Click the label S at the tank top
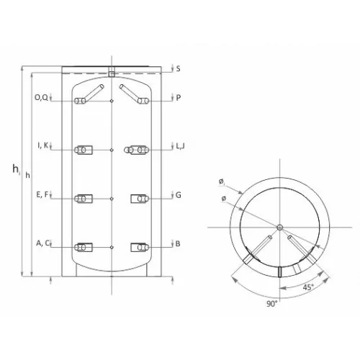click(x=178, y=69)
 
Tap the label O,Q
click(x=41, y=97)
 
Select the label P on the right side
click(x=178, y=98)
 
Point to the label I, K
click(x=43, y=145)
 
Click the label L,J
click(x=181, y=146)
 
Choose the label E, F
click(x=42, y=194)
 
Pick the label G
click(x=179, y=195)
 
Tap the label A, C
click(x=42, y=243)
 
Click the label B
click(x=178, y=244)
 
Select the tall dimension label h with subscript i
click(x=17, y=169)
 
